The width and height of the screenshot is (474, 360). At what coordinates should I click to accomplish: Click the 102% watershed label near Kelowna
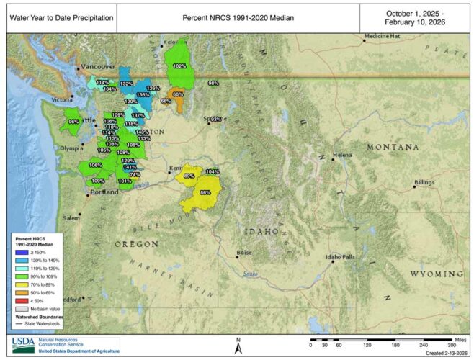(x=180, y=66)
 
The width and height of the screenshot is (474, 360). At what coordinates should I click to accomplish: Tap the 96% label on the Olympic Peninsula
(x=73, y=122)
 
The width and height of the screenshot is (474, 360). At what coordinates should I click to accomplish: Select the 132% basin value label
(x=126, y=84)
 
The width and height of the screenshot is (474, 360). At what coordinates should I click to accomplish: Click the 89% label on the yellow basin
(x=189, y=176)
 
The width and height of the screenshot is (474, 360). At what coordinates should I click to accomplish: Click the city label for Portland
(x=105, y=192)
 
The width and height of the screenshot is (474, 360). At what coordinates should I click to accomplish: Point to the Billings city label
(x=426, y=184)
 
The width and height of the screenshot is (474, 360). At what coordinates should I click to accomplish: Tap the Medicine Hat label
(x=382, y=36)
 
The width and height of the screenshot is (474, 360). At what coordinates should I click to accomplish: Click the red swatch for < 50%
(x=21, y=299)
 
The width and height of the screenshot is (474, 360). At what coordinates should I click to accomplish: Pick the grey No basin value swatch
(x=21, y=307)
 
